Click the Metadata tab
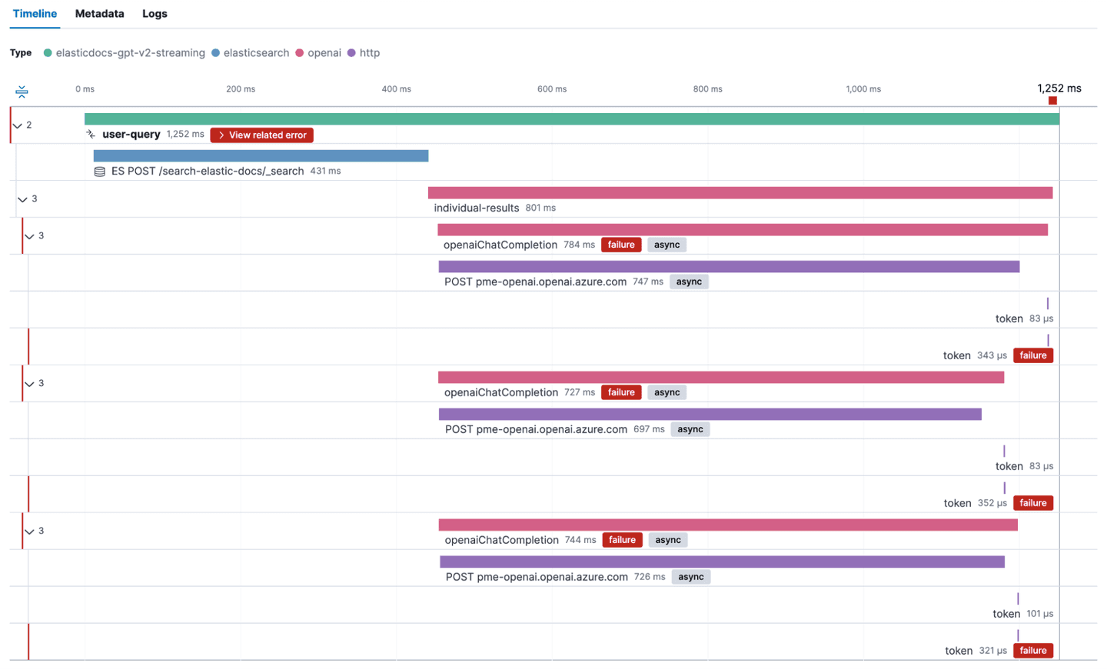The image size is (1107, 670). [99, 14]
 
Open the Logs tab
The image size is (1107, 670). [155, 14]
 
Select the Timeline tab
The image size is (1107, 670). [35, 14]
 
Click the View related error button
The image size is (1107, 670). [261, 135]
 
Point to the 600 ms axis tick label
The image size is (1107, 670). [551, 89]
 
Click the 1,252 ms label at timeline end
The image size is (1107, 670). [1059, 88]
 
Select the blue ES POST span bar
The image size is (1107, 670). [261, 156]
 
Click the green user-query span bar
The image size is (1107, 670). [571, 119]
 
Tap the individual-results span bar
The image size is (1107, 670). [740, 193]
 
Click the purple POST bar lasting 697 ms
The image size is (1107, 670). [710, 415]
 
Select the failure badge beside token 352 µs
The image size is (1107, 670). [1032, 503]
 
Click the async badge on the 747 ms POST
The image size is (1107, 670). [688, 282]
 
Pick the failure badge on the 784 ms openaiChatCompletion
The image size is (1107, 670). [620, 245]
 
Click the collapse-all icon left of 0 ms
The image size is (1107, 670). [22, 92]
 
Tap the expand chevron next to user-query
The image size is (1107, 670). [18, 125]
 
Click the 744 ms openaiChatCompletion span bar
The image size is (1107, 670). [727, 525]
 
